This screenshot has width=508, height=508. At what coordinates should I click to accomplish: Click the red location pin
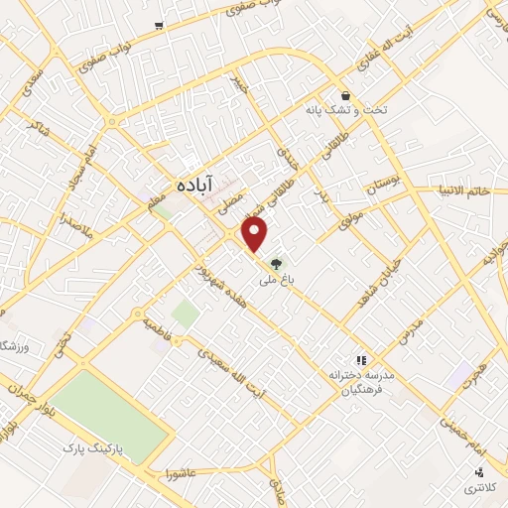click(x=256, y=235)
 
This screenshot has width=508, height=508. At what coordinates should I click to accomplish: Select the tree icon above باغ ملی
click(x=276, y=264)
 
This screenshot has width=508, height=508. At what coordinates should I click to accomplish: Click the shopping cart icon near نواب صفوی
click(x=159, y=24)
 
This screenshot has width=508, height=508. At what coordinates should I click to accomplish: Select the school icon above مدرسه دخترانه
click(x=362, y=359)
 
